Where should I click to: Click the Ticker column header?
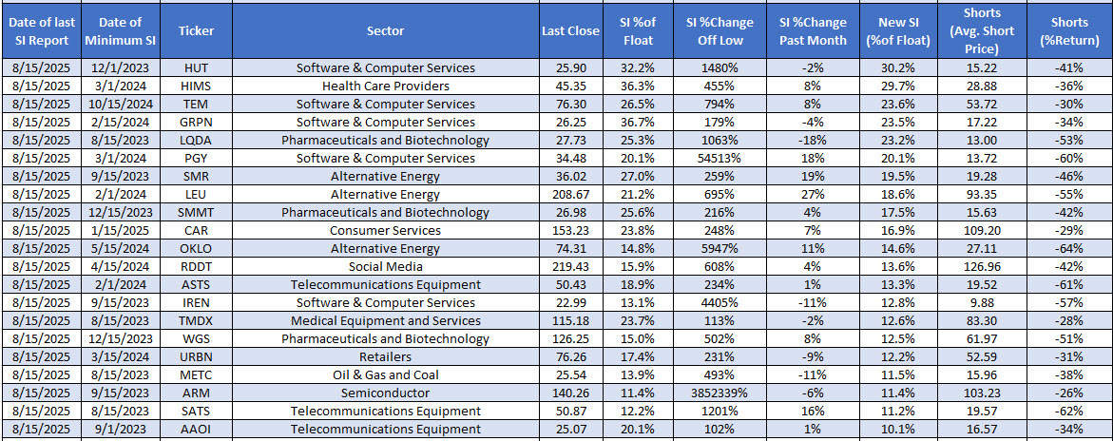click(196, 30)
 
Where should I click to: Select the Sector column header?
click(385, 30)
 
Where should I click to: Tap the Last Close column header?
click(570, 30)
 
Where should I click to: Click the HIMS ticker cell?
click(196, 86)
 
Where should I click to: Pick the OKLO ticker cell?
click(196, 249)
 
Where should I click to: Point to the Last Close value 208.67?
click(570, 195)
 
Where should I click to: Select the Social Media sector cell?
click(385, 267)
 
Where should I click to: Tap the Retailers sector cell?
click(385, 357)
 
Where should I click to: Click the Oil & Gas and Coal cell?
click(385, 375)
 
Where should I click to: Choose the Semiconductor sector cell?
click(385, 393)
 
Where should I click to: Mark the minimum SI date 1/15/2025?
click(118, 231)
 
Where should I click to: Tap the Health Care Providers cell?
click(385, 86)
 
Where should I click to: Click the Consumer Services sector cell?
click(385, 231)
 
